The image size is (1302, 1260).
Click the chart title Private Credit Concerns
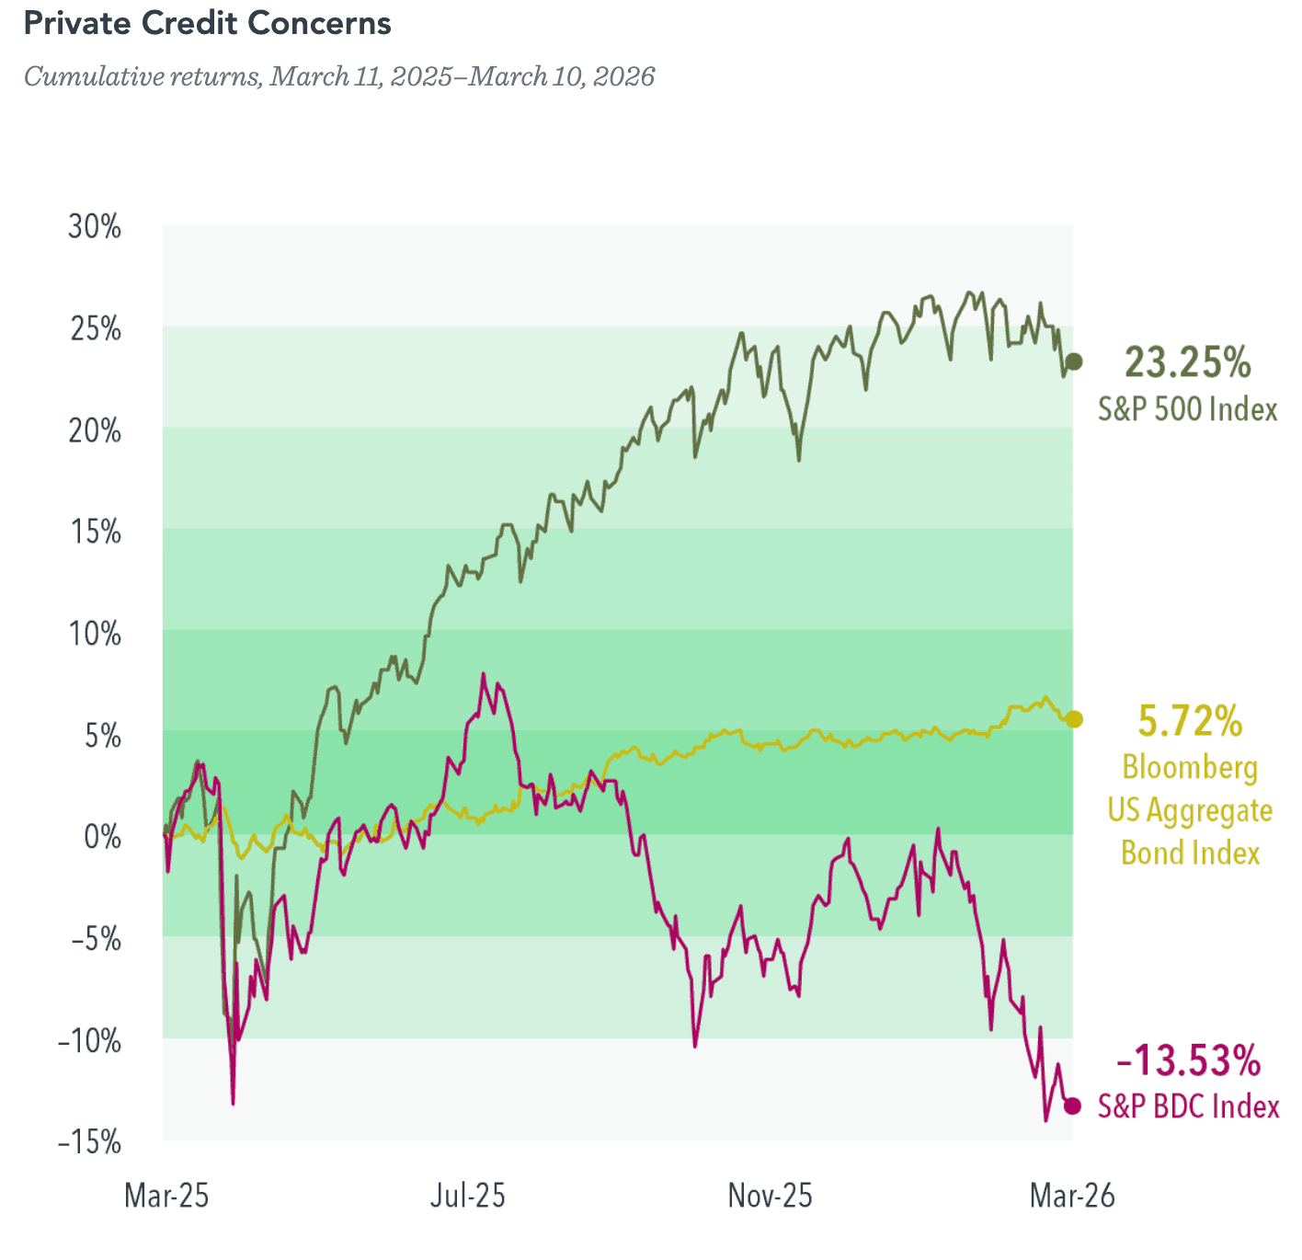(x=208, y=24)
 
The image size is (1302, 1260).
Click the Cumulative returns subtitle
(x=339, y=76)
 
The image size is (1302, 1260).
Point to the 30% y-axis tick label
(x=95, y=227)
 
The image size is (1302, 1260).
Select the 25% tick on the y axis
(x=96, y=328)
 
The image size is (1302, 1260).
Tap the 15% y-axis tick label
(x=96, y=532)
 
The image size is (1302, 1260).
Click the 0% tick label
(x=103, y=837)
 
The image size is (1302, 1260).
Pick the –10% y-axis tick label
(x=89, y=1041)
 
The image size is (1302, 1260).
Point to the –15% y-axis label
(x=89, y=1142)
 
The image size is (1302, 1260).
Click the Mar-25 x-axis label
(x=166, y=1196)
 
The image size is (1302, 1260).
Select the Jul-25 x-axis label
(x=468, y=1196)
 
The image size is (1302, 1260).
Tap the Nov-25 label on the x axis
(x=771, y=1196)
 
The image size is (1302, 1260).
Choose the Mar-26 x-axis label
(x=1072, y=1196)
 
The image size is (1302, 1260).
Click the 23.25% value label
(x=1187, y=362)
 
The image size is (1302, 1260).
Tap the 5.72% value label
(x=1190, y=721)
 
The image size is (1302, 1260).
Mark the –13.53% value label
(x=1188, y=1061)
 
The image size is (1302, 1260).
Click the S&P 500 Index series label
(x=1188, y=409)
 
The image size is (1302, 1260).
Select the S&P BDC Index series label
(x=1188, y=1106)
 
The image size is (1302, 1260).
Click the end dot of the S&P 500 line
(x=1073, y=361)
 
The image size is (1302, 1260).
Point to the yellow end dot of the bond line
(x=1073, y=719)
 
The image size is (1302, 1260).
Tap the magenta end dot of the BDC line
(x=1072, y=1105)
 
